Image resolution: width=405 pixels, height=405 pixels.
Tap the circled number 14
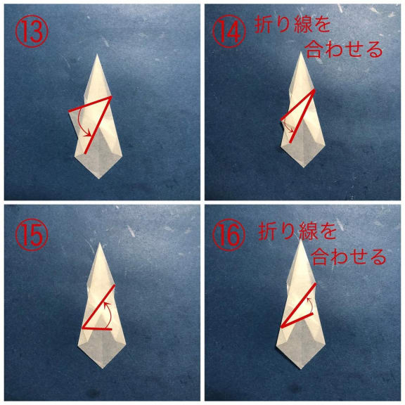click(229, 32)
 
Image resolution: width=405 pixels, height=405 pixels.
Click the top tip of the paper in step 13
click(97, 54)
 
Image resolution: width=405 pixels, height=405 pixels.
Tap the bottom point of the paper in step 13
click(98, 179)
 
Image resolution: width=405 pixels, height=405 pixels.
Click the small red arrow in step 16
click(309, 305)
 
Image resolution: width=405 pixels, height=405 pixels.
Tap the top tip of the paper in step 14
click(301, 52)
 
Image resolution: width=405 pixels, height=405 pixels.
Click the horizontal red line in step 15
click(97, 329)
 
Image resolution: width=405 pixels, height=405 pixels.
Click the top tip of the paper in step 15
click(100, 243)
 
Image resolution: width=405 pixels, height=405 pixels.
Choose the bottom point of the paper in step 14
click(304, 167)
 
